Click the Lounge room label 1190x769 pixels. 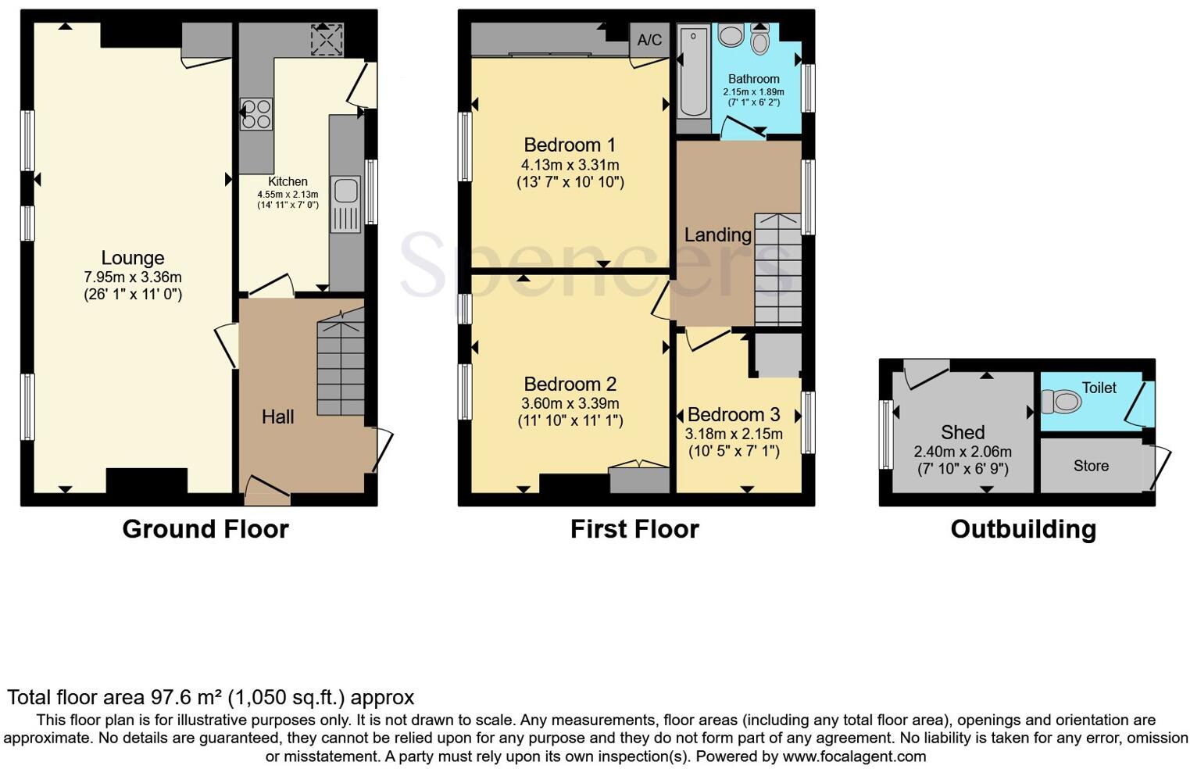coord(133,258)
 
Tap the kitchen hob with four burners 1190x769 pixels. coord(256,114)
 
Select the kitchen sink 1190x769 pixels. coord(345,193)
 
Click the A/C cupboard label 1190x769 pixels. coord(649,40)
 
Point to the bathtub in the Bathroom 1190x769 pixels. coord(693,70)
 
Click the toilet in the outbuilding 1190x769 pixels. coord(1063,402)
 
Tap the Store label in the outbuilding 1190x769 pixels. coord(1091,466)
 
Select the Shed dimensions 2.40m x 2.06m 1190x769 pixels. coord(963,452)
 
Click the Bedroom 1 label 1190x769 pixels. coord(570,145)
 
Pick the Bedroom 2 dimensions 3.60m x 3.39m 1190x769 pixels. coord(570,403)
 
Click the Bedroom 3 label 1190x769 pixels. coord(734,414)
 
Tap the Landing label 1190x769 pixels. coord(717,234)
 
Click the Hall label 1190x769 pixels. coord(277,417)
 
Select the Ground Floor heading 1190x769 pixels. coord(205,529)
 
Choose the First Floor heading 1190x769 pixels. coord(634,529)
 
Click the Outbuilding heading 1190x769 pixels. coord(1023,529)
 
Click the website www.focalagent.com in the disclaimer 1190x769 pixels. coord(854,756)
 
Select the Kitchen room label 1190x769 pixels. coord(288,181)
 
